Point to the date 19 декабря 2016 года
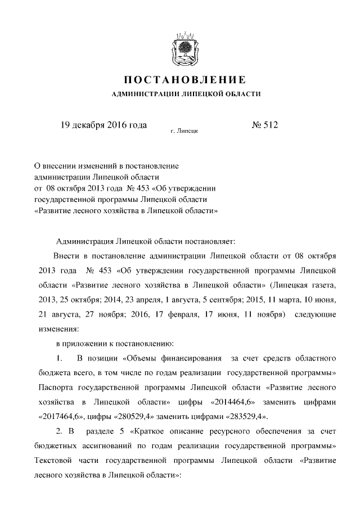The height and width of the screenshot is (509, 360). pyautogui.click(x=103, y=125)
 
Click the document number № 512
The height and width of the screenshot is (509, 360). pyautogui.click(x=264, y=125)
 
